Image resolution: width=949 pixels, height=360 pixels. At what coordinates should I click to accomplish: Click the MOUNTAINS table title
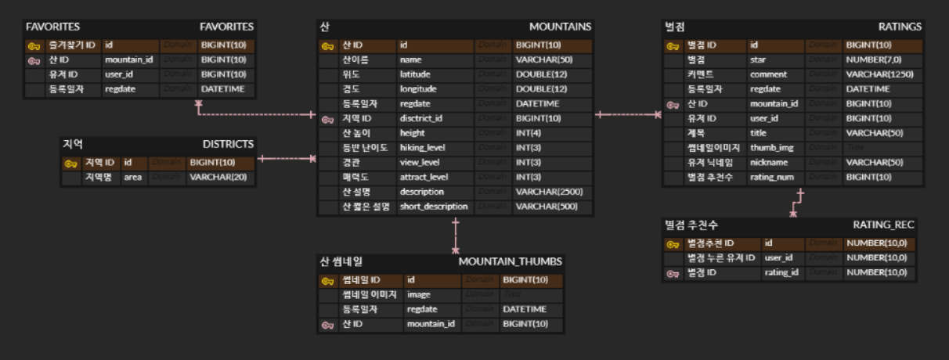tap(560, 27)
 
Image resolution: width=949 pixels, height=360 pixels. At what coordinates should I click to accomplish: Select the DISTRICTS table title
tap(228, 144)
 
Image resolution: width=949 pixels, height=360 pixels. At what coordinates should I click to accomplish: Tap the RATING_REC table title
tap(883, 225)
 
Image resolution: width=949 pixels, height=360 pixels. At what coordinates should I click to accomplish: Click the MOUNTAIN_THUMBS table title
tap(510, 261)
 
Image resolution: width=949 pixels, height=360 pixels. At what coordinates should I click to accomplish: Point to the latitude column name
tap(415, 74)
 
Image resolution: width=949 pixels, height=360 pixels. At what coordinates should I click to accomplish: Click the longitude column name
tap(418, 89)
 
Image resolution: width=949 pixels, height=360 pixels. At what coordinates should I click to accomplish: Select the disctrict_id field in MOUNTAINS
tap(421, 119)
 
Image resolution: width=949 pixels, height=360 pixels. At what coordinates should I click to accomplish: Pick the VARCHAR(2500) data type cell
tap(549, 192)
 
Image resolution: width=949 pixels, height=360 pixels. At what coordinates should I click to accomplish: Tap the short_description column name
tap(433, 207)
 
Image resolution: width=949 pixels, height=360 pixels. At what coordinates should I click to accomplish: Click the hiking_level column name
tap(423, 148)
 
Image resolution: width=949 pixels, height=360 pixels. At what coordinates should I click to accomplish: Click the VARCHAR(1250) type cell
tap(879, 74)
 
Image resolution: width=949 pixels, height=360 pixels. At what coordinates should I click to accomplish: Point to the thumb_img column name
tap(772, 148)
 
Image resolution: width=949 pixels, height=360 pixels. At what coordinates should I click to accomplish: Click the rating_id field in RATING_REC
tap(781, 272)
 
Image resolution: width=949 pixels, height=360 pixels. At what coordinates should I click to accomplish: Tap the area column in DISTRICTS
tap(132, 178)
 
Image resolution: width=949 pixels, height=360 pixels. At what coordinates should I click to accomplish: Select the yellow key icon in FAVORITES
tap(34, 45)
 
